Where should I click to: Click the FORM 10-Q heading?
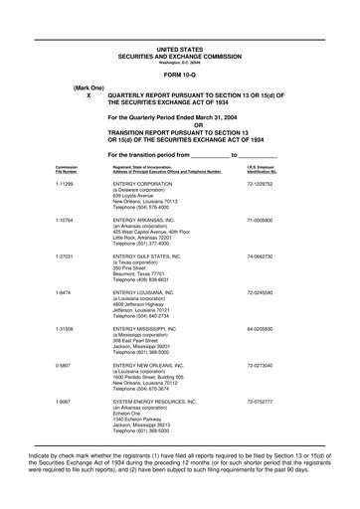(179, 75)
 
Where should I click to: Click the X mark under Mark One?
(89, 96)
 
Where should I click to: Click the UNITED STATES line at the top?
(179, 48)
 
